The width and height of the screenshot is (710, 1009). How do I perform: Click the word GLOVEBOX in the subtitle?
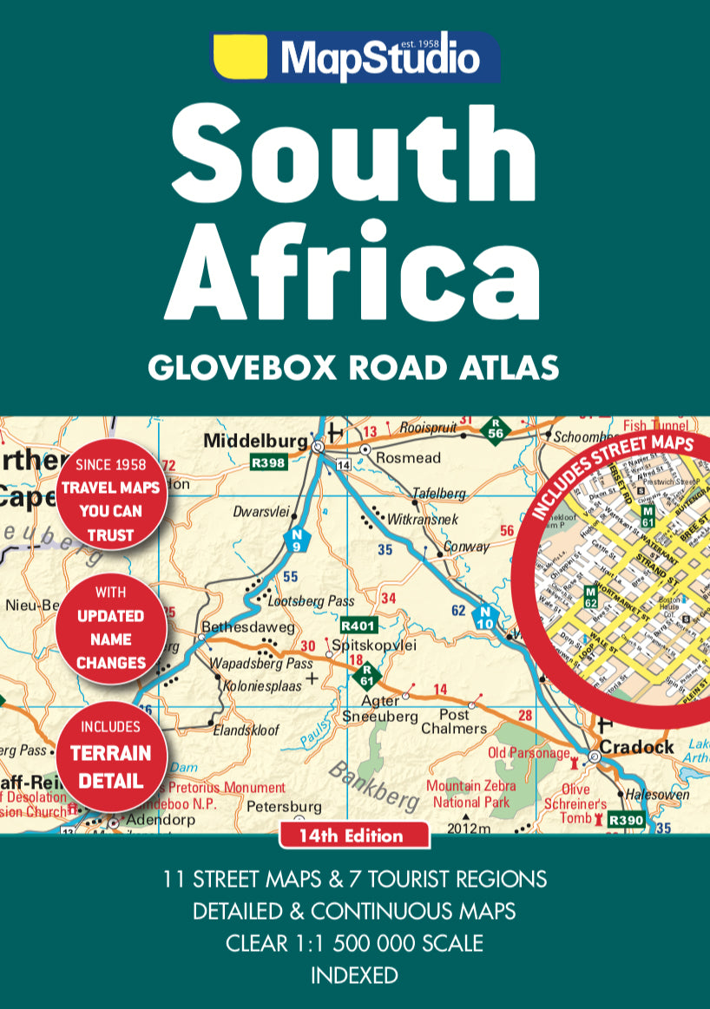(243, 367)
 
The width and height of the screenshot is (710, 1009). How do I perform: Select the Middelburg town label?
(255, 442)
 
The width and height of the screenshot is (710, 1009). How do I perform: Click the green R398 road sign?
(268, 463)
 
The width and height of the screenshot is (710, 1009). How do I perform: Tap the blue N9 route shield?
(297, 542)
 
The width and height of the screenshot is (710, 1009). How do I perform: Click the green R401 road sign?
(357, 624)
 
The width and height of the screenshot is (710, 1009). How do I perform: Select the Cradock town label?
(637, 747)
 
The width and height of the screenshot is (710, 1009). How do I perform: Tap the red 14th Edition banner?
(354, 836)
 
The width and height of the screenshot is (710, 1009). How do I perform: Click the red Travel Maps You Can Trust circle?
(110, 500)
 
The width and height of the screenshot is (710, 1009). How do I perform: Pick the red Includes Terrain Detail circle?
(110, 754)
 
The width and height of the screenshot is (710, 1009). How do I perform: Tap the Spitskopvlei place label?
(375, 645)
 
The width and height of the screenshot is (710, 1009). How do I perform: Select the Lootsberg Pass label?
(311, 600)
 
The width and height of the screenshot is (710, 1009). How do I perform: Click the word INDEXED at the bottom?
(354, 974)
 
